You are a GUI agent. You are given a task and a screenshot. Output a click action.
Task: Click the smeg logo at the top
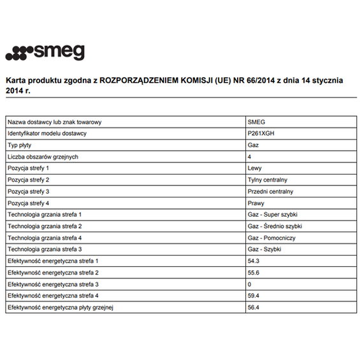45,53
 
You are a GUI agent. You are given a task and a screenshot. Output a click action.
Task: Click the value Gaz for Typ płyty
252,145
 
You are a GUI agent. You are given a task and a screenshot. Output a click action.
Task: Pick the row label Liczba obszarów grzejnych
43,157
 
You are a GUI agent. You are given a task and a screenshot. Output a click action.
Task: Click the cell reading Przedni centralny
270,191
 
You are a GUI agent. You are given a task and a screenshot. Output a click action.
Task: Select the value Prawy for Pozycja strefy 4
255,203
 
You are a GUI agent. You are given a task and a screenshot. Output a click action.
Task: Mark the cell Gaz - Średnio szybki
274,226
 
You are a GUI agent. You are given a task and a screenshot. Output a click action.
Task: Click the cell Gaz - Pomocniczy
270,238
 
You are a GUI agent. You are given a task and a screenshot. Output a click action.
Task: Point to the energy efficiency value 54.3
253,261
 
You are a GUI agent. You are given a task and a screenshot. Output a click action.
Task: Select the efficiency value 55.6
253,273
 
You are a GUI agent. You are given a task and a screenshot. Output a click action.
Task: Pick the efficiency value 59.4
253,296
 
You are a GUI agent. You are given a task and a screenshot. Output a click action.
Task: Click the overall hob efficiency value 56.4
253,308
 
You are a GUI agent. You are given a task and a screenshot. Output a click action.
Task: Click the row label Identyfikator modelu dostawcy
47,133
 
